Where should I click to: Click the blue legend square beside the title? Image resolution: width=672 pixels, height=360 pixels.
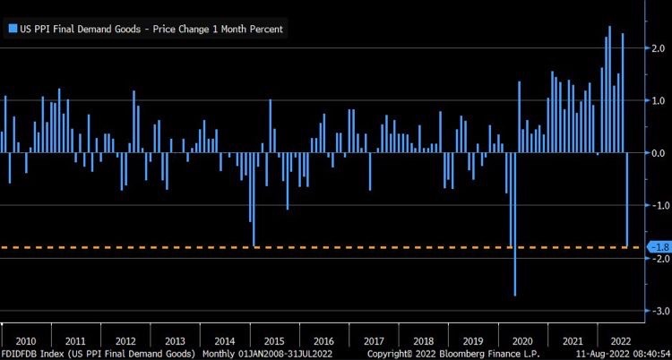point(11,28)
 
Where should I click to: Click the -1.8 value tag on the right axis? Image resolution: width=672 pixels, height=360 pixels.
point(657,247)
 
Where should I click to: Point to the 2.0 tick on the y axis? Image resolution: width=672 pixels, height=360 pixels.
point(659,47)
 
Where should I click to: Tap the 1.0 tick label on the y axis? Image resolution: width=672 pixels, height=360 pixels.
point(659,100)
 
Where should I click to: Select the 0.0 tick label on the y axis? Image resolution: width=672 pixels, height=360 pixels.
point(659,153)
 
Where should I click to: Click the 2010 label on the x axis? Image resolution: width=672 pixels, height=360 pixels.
point(25,341)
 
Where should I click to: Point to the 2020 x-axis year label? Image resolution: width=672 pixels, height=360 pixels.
point(522,341)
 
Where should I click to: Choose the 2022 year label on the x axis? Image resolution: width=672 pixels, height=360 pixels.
point(619,341)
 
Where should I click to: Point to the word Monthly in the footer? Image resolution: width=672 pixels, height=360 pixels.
point(218,355)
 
